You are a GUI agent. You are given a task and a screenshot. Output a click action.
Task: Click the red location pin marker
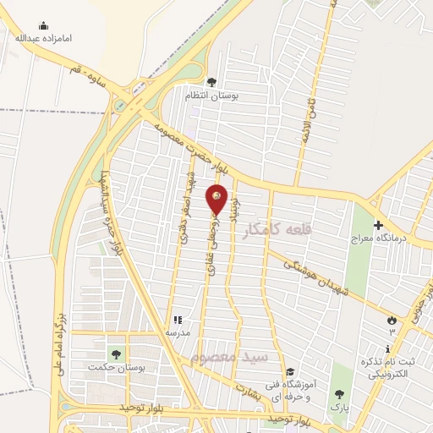pos(216,199)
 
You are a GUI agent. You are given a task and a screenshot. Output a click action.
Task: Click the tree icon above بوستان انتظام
pos(211,82)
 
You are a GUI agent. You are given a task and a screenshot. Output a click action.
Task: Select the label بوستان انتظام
pos(212,96)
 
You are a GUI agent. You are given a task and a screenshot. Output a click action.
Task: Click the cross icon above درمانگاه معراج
pos(378,225)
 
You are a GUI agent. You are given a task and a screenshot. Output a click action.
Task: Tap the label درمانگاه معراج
pos(380,238)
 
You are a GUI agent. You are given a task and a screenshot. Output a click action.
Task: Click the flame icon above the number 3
pos(391,319)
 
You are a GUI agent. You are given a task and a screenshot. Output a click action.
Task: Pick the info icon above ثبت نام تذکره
pos(388,348)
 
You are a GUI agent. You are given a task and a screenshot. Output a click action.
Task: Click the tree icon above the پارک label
pos(340,393)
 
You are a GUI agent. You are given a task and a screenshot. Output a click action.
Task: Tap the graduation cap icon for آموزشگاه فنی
pos(290,372)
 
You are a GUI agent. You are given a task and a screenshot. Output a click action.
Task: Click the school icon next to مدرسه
pos(178,320)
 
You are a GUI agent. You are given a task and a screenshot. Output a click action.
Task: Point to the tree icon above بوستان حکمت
pos(116,354)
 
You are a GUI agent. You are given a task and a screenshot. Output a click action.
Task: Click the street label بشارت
pos(248,392)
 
